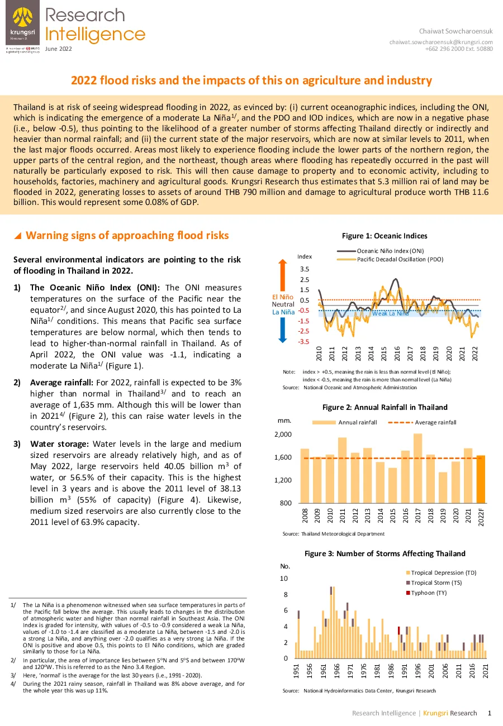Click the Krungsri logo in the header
coord(23,23)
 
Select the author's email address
coord(441,42)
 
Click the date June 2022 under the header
coord(58,49)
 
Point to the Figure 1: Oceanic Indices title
coord(385,236)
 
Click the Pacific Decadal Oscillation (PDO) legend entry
coord(390,259)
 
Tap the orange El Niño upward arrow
coord(283,275)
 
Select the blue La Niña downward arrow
coord(283,330)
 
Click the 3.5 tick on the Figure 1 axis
coord(305,269)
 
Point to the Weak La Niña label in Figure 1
coord(390,313)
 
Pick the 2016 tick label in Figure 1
coord(397,354)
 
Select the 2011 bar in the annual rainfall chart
coord(342,470)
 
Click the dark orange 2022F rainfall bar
coord(481,479)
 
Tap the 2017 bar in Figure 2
coord(417,469)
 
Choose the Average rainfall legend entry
coord(422,422)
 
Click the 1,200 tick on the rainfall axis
coord(283,480)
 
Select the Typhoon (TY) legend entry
coord(426,593)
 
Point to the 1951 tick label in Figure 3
coord(296,671)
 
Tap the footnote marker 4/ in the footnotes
coord(13,684)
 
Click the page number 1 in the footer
coord(490,713)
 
